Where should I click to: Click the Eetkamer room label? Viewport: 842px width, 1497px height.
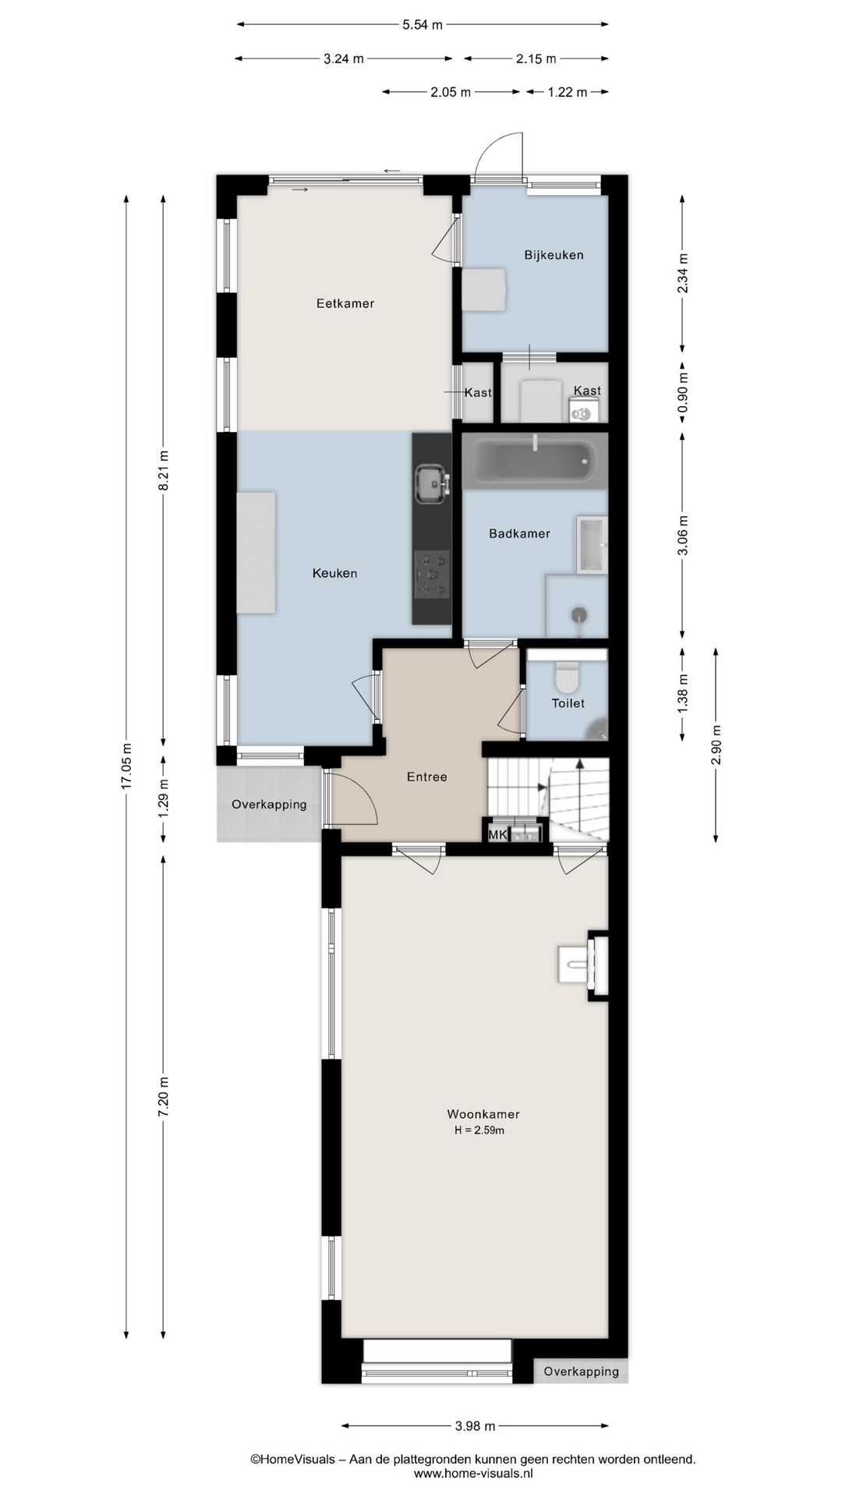click(x=345, y=303)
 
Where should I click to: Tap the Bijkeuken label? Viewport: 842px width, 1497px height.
click(x=554, y=255)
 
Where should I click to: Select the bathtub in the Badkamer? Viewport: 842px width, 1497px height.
click(x=535, y=462)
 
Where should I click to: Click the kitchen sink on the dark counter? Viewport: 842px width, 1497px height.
click(x=432, y=483)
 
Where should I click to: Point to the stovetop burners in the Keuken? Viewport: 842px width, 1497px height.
click(x=432, y=575)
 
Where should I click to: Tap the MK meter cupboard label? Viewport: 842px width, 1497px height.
click(x=497, y=835)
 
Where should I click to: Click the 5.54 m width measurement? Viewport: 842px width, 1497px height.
click(x=423, y=25)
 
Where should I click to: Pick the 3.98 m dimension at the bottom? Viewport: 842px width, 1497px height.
click(x=475, y=1426)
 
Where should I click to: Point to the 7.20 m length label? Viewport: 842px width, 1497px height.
click(x=164, y=1097)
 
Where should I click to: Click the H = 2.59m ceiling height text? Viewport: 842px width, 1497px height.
click(x=479, y=1131)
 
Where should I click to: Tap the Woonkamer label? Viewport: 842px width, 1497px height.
click(x=483, y=1114)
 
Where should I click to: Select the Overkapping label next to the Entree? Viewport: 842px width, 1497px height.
click(x=269, y=805)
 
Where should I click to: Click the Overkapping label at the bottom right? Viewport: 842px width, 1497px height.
click(x=582, y=1393)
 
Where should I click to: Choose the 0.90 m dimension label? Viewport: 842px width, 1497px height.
click(x=683, y=393)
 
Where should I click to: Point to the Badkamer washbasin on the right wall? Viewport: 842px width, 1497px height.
click(x=592, y=544)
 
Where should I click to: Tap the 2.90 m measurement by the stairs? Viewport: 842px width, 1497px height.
click(x=716, y=745)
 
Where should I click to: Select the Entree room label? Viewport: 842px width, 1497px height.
click(x=427, y=777)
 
